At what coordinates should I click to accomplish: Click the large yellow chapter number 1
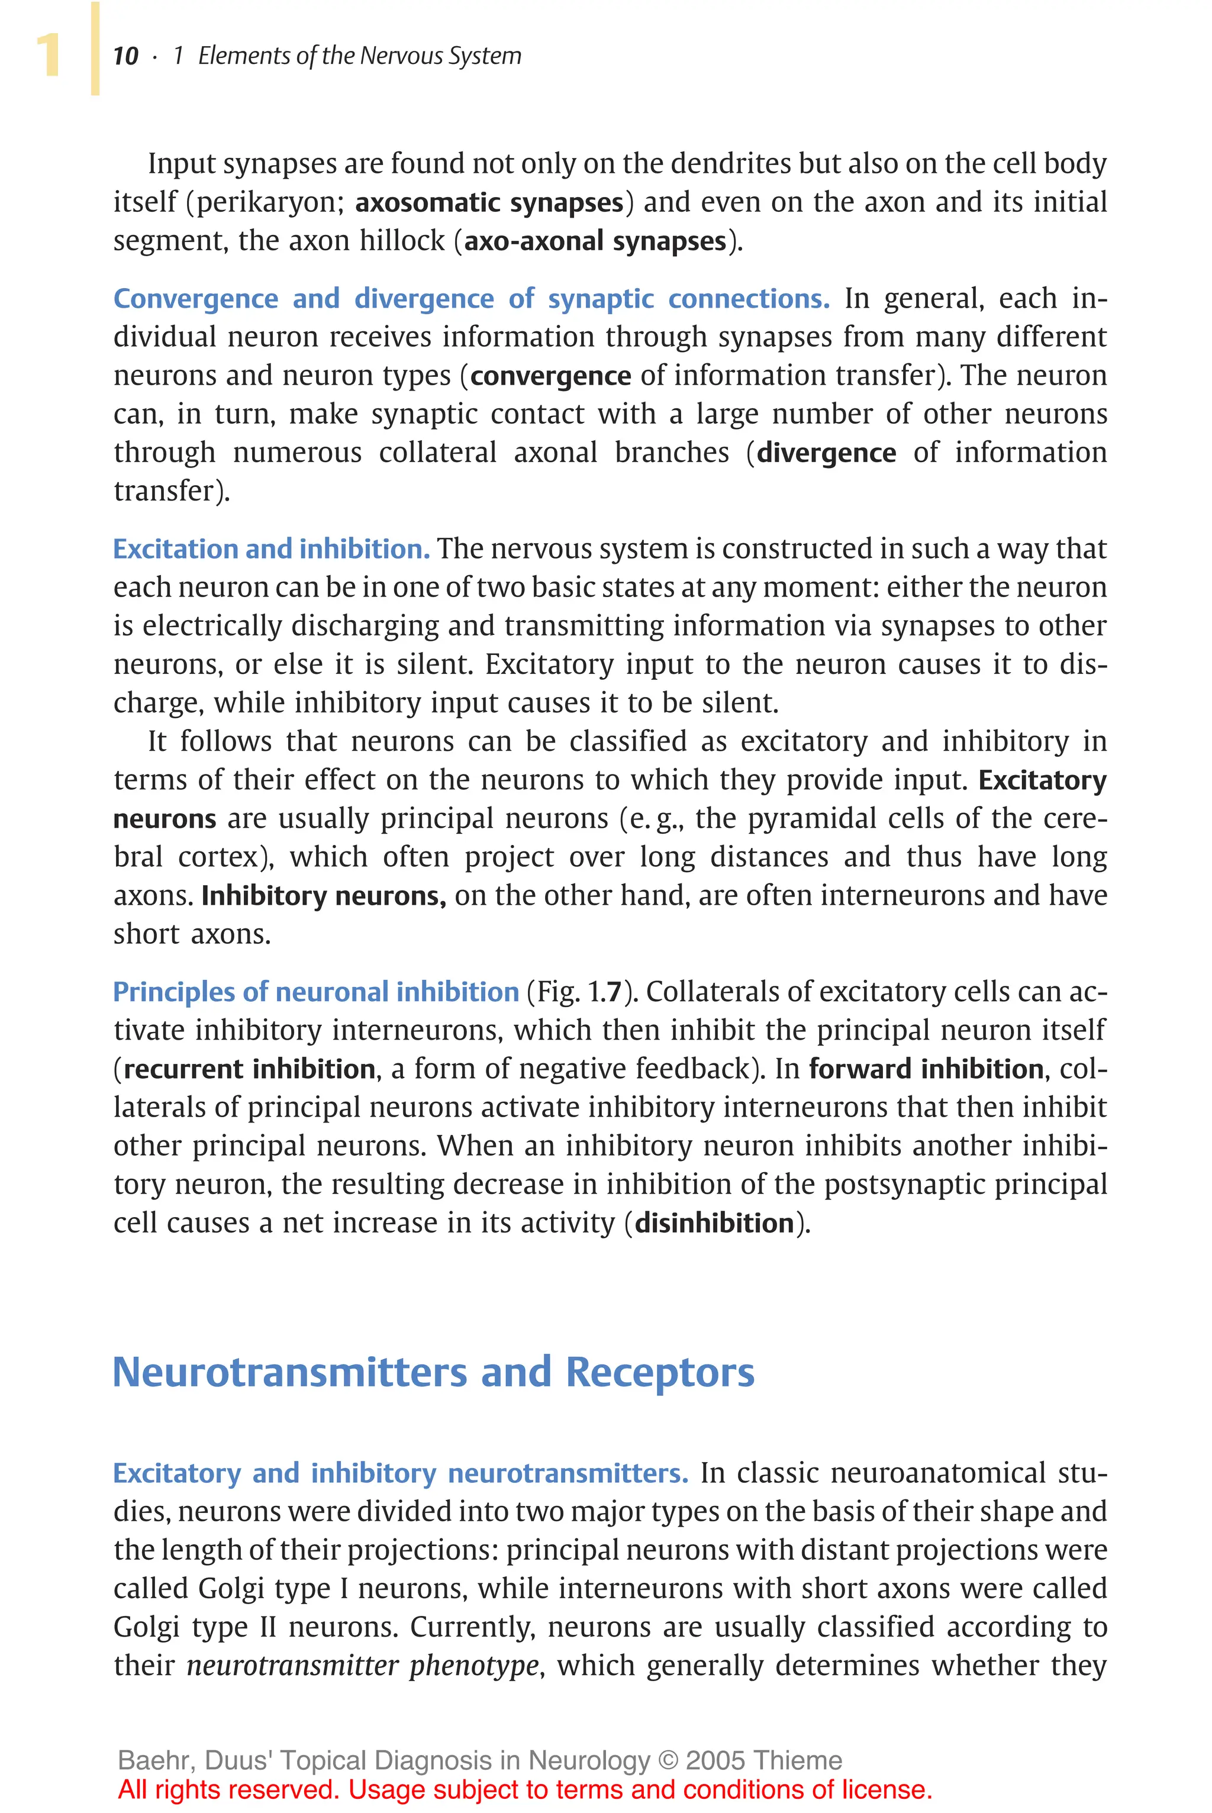48,56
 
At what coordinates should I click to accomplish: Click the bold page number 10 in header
125,56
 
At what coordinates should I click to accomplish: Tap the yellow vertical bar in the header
95,48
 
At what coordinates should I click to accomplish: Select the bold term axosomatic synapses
488,202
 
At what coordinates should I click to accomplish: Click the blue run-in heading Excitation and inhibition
270,549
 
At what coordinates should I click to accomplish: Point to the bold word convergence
550,376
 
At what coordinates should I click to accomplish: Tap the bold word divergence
826,453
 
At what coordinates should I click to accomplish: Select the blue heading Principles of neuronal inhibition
315,992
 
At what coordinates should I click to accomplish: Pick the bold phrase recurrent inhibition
249,1069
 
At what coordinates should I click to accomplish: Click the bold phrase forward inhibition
926,1069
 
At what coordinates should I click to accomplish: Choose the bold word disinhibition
714,1223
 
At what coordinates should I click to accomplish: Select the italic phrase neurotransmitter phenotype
363,1666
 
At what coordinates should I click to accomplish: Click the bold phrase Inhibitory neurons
323,896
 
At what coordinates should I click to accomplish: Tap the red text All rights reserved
228,1790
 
